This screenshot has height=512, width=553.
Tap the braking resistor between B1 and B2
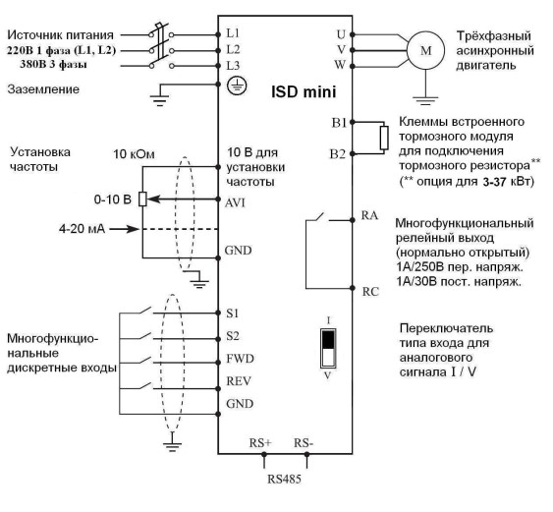click(384, 138)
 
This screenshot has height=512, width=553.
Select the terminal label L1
click(233, 33)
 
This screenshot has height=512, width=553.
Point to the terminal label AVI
click(235, 203)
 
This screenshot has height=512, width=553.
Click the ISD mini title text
click(304, 91)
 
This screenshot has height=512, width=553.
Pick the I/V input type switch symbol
click(328, 348)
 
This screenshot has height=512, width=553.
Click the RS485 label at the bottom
click(284, 479)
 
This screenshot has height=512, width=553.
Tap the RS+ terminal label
click(260, 443)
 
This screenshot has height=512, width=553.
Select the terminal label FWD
click(240, 359)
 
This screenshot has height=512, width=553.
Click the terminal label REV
click(239, 381)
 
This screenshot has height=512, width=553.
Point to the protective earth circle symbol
click(237, 85)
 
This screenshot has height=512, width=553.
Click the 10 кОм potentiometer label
click(134, 154)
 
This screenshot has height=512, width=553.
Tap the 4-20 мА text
click(82, 229)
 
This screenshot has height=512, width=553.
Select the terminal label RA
click(369, 215)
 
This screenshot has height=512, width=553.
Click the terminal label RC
click(370, 292)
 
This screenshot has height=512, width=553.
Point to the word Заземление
click(43, 88)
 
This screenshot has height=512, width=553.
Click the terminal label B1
click(339, 123)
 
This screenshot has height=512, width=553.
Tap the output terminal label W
click(340, 65)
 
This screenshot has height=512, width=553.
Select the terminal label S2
click(233, 336)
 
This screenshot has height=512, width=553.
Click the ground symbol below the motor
click(425, 100)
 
